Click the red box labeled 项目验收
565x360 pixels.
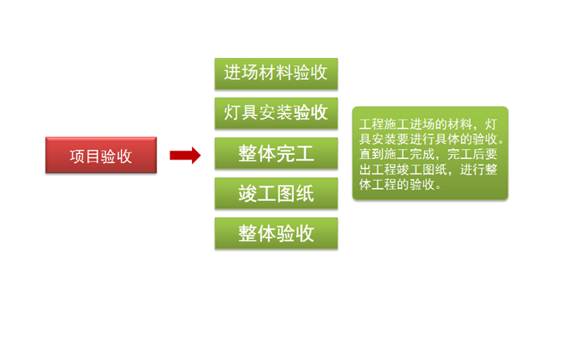coord(101,155)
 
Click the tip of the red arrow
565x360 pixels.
coord(201,155)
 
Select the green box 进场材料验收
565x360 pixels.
coord(276,73)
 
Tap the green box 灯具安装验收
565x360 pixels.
coord(276,113)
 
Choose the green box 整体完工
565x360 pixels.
coord(276,153)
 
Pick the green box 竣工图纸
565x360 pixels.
coord(276,193)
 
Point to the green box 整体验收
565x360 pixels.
coord(276,233)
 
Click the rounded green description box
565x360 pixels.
coord(430,153)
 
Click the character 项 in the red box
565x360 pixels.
coord(77,157)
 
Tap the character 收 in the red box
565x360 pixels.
coord(124,157)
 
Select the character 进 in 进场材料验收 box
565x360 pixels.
coord(232,73)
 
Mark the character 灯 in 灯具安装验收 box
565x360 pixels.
coord(232,112)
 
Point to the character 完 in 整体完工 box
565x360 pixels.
coord(286,153)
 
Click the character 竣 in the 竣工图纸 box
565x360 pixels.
coord(247,194)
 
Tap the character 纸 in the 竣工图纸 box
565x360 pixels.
coord(305,194)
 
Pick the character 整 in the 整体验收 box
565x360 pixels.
coord(247,233)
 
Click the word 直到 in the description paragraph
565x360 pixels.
coord(371,154)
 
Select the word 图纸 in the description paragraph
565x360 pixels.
coord(434,170)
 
